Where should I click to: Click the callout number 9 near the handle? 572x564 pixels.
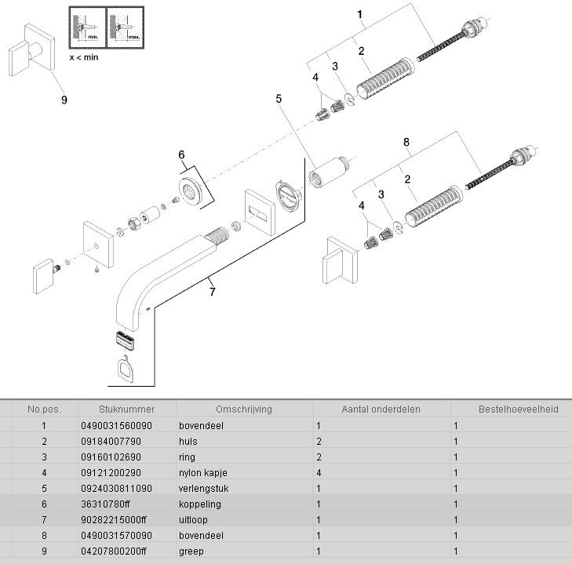[x=64, y=100]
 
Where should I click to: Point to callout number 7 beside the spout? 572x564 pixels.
[x=212, y=292]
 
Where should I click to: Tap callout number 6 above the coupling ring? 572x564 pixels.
[x=182, y=155]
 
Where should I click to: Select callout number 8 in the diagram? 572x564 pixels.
[x=406, y=142]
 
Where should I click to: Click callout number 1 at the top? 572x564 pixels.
[x=359, y=14]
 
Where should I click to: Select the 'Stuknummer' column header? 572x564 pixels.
[x=127, y=409]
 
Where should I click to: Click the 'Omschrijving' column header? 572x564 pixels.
[x=244, y=409]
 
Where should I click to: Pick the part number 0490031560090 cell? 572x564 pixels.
[x=117, y=426]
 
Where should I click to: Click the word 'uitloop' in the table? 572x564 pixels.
[x=194, y=520]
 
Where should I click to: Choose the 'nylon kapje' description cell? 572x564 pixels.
[x=203, y=473]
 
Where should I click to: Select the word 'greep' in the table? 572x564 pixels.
[x=191, y=551]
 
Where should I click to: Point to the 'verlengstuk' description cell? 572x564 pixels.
[x=203, y=489]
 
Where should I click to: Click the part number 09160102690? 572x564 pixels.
[x=111, y=457]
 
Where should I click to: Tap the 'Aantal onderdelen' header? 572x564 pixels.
[x=381, y=409]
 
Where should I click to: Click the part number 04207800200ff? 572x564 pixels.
[x=114, y=551]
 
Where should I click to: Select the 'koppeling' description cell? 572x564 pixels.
[x=200, y=504]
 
